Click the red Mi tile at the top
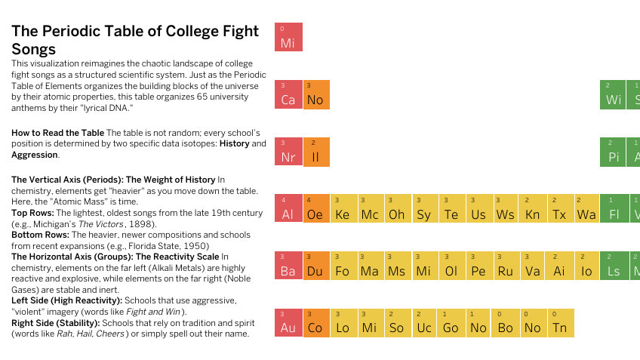(x=288, y=37)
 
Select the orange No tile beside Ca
(x=315, y=94)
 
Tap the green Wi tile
(x=614, y=94)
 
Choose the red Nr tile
(x=288, y=152)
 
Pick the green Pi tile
(x=614, y=152)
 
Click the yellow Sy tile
(x=424, y=209)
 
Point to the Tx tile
(x=560, y=209)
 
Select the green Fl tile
(x=614, y=209)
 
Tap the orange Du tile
(x=315, y=266)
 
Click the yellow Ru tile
(x=506, y=266)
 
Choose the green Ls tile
(x=614, y=266)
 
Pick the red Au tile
(x=288, y=322)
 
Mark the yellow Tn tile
(x=560, y=322)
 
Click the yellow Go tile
(x=451, y=322)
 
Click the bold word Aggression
(x=34, y=155)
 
